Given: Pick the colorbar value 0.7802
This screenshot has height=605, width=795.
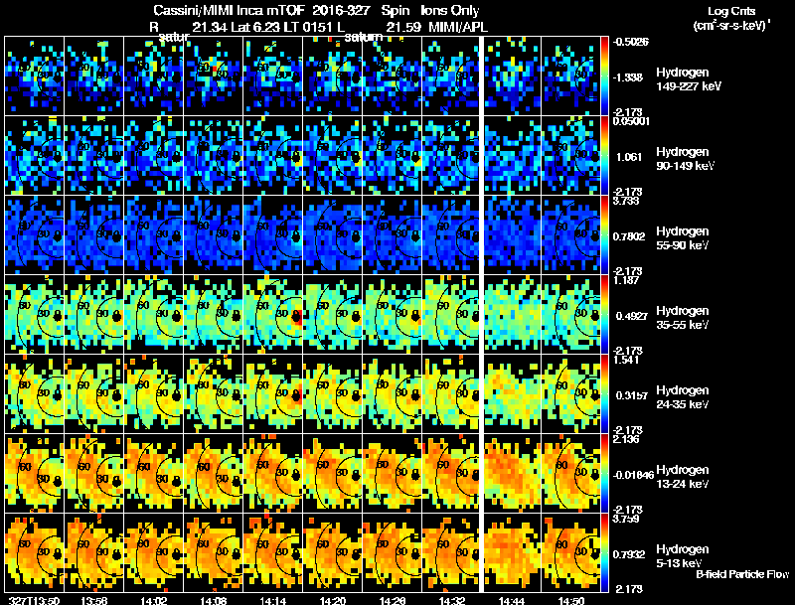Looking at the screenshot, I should pos(632,235).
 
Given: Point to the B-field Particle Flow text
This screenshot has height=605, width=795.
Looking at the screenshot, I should pos(742,574).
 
